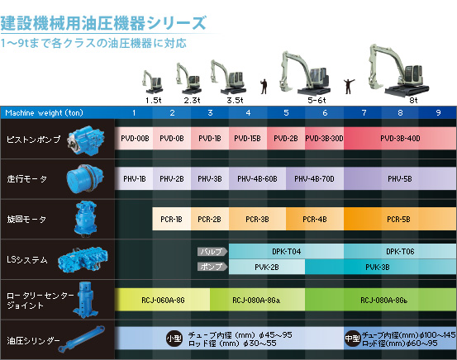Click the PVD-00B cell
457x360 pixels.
coord(134,139)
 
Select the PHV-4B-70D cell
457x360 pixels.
coord(315,178)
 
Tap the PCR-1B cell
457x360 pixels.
coord(172,219)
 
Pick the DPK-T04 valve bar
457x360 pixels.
coord(286,251)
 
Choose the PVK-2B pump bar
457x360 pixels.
coord(267,267)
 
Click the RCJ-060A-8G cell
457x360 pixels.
coord(162,300)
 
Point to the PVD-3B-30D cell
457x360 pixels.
coord(325,139)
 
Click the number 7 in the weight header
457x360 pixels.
coord(364,113)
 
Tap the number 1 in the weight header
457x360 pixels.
coord(134,113)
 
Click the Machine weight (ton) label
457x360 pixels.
coord(45,113)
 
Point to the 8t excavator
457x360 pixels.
coord(398,70)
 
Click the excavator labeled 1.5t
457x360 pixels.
coord(152,82)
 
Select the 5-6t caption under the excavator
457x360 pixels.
coord(317,101)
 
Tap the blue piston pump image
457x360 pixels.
coord(86,140)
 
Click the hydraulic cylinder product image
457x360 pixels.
coord(82,339)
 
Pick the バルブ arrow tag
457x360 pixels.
coord(212,251)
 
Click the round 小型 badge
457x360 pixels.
coord(174,339)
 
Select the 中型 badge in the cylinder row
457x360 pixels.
coord(352,339)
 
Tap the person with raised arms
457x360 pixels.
coord(348,87)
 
